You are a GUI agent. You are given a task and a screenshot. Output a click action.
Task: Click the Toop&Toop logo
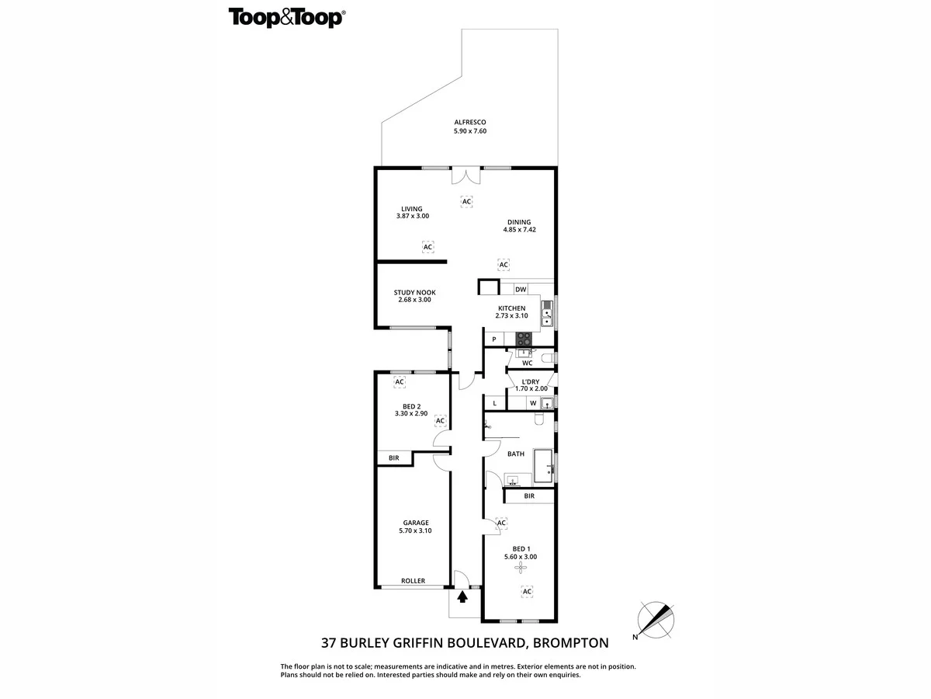pos(286,18)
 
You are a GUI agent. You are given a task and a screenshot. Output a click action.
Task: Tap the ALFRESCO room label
pos(469,122)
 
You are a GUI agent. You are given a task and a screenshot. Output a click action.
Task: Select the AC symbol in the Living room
pos(427,247)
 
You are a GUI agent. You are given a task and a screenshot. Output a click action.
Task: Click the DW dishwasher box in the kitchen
pos(521,290)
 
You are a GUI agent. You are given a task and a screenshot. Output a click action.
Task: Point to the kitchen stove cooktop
pos(524,339)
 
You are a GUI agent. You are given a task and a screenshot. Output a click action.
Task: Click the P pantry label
pos(493,339)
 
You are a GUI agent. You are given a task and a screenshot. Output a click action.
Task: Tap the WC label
pos(527,363)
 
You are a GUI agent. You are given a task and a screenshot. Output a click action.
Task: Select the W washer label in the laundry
pos(533,403)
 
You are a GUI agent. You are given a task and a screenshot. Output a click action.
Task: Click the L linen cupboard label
pos(494,403)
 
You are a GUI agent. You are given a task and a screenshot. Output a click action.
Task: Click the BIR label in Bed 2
pos(394,458)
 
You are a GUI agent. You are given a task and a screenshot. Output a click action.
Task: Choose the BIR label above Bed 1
pos(529,496)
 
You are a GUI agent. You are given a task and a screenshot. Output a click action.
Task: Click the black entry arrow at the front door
pos(463,596)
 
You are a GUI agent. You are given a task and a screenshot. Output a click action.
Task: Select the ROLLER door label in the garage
pos(413,581)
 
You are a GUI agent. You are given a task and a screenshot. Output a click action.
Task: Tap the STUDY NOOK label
pos(414,293)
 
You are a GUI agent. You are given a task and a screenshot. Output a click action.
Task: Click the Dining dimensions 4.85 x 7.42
pos(519,230)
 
